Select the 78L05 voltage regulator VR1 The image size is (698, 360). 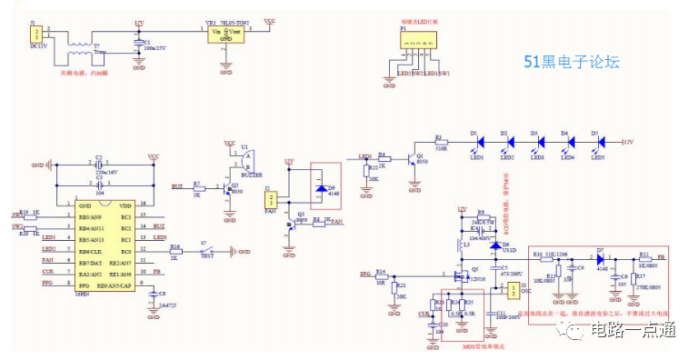(x=225, y=34)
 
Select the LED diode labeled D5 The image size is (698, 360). (x=599, y=143)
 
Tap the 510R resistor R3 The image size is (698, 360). (x=443, y=143)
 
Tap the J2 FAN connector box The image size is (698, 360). (x=271, y=197)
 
